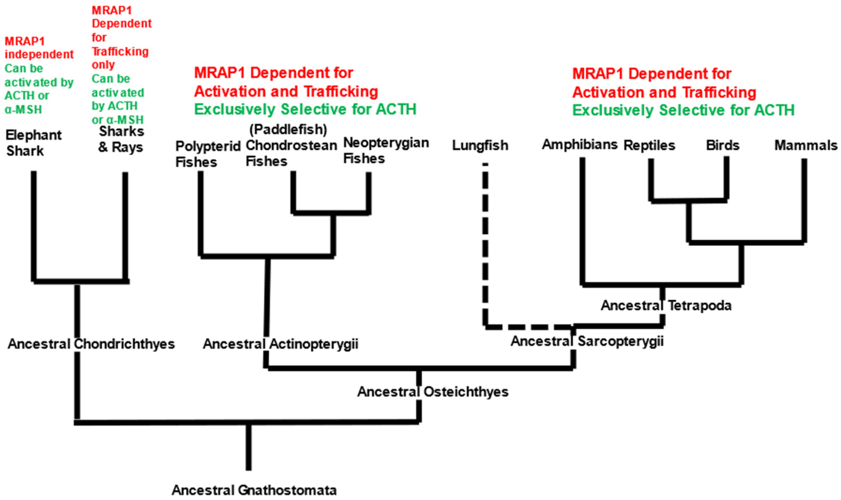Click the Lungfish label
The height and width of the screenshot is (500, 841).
[x=480, y=146]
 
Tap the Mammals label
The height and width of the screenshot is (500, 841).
[x=806, y=146]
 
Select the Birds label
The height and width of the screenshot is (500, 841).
[x=723, y=146]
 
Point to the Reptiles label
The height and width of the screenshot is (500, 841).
[x=649, y=146]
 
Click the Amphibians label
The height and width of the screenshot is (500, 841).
[x=580, y=145]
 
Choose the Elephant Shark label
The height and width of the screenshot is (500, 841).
[x=33, y=143]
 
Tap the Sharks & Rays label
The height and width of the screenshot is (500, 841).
[x=121, y=139]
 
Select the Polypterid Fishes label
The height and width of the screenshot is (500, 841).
[x=208, y=154]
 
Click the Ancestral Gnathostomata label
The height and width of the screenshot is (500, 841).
[x=254, y=490]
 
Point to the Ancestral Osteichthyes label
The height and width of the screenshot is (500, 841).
[x=433, y=392]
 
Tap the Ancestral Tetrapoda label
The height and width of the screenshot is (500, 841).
[x=666, y=306]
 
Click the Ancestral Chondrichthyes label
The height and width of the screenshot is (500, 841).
[x=91, y=344]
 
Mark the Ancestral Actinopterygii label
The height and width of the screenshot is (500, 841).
[x=280, y=344]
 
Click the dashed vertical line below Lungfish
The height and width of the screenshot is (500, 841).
[x=485, y=246]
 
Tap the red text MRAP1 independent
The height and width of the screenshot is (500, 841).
[x=39, y=48]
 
